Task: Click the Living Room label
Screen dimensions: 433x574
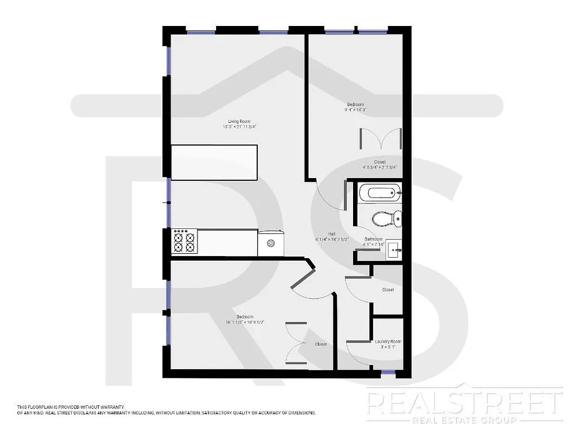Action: pyautogui.click(x=239, y=121)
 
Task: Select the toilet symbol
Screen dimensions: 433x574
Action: pyautogui.click(x=387, y=219)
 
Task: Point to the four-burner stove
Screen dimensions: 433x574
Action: pyautogui.click(x=183, y=241)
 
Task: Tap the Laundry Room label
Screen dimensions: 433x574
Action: pyautogui.click(x=388, y=342)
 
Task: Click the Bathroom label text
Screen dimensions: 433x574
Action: pyautogui.click(x=373, y=239)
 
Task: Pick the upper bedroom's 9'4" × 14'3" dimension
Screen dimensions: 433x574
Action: pyautogui.click(x=356, y=110)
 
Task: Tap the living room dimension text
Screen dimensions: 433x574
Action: pyautogui.click(x=239, y=127)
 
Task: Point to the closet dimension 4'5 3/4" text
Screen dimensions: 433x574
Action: pyautogui.click(x=380, y=167)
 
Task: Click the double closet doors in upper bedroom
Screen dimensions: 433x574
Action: pyautogui.click(x=380, y=138)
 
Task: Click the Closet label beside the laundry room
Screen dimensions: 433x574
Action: pyautogui.click(x=388, y=290)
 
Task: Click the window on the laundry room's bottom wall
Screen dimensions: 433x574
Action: pyautogui.click(x=388, y=372)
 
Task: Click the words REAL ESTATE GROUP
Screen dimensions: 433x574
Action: pyautogui.click(x=463, y=421)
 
